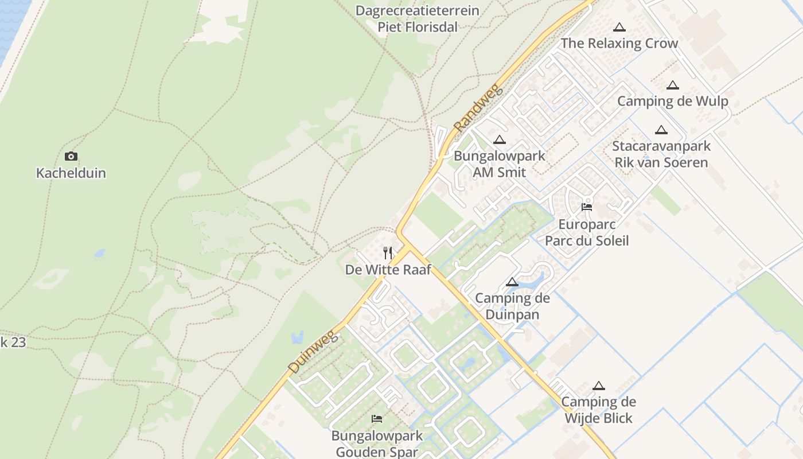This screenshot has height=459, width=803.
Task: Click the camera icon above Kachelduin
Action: pos(71,156)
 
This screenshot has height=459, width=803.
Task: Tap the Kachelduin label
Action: pos(71,173)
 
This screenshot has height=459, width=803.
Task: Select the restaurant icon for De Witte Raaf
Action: pos(388,252)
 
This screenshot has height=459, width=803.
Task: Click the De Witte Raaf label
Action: pos(388,270)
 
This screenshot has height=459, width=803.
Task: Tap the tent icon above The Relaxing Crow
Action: pos(619,27)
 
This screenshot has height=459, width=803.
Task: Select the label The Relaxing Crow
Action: pos(619,43)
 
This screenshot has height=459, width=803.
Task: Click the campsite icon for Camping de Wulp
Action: pos(673,85)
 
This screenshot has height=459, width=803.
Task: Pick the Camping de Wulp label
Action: pos(673,102)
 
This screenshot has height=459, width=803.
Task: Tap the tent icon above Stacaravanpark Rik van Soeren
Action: pos(661,130)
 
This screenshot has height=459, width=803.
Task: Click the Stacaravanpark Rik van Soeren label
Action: pos(661,154)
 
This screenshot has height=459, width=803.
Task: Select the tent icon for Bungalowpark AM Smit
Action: pos(500,139)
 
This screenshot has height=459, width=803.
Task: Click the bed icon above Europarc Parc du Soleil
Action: pos(587,207)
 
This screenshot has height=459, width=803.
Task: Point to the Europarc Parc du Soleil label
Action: pos(587,232)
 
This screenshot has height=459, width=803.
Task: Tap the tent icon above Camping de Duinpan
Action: pos(512,282)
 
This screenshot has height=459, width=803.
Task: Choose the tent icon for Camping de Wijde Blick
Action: pos(599,386)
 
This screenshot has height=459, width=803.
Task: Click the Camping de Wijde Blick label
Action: pos(599,410)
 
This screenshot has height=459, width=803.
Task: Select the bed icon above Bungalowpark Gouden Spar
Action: pos(377,419)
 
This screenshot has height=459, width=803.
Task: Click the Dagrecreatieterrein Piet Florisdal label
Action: pos(418,19)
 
